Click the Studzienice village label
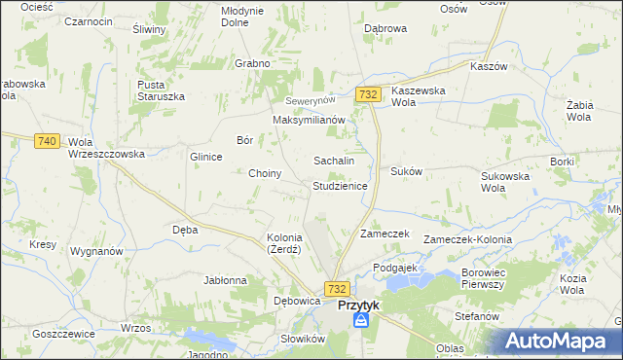(339, 185)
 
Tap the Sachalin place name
(333, 160)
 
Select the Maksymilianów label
(310, 120)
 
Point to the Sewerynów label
(310, 101)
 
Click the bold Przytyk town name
(358, 305)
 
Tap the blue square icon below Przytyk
(361, 320)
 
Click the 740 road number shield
(46, 141)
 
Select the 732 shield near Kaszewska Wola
(367, 93)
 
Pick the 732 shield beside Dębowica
(337, 289)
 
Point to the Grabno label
(251, 63)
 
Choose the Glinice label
(206, 156)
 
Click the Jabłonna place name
(225, 280)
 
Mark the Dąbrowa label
(385, 29)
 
